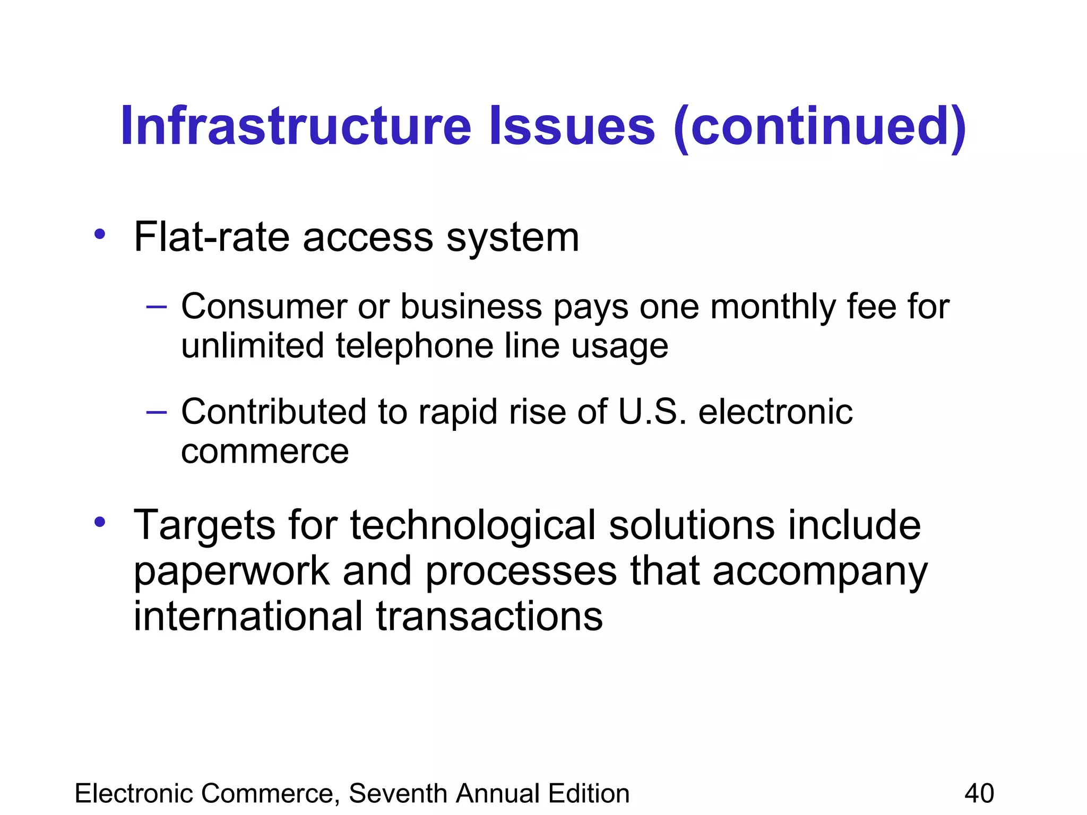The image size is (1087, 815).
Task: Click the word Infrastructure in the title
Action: click(296, 126)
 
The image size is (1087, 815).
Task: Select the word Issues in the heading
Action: click(572, 126)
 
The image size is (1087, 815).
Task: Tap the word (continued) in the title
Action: click(819, 127)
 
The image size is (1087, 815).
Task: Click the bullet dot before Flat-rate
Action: click(100, 234)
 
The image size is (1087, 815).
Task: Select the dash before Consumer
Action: click(156, 307)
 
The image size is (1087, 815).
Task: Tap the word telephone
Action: click(415, 346)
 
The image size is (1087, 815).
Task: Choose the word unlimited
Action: click(252, 346)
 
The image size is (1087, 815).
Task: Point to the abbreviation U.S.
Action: click(652, 412)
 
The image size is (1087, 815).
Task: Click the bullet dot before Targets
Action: click(100, 522)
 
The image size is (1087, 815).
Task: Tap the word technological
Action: click(473, 526)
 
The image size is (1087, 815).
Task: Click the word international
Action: click(248, 617)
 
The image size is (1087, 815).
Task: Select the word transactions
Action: click(489, 618)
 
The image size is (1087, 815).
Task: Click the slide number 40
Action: click(979, 794)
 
